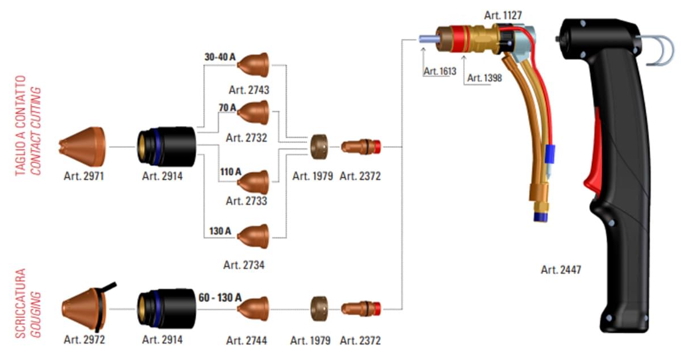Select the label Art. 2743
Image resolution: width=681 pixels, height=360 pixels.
coord(249,90)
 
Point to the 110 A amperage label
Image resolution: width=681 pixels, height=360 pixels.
coord(230,171)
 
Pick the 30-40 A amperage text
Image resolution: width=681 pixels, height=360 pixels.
coord(220,57)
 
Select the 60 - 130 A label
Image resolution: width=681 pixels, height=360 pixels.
coord(220,298)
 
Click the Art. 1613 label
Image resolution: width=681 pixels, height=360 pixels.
coord(440,72)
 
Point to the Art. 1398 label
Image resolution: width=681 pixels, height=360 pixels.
coord(485,78)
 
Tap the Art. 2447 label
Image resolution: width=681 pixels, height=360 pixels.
coord(561,270)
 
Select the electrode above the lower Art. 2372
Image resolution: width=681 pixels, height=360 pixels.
coord(361,308)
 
